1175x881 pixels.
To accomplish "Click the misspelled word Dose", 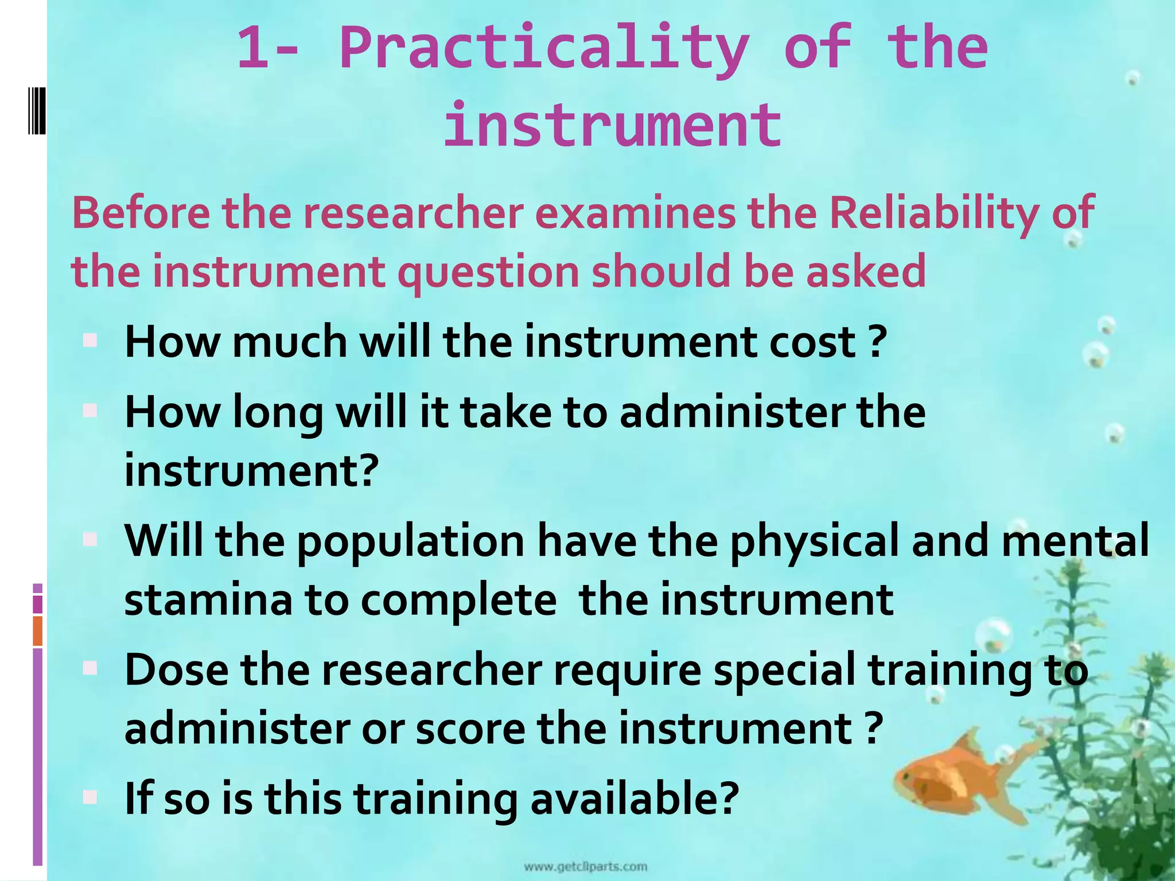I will coord(176,670).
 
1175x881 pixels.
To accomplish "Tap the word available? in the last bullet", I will coord(634,798).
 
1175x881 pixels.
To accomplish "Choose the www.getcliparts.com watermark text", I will coord(586,867).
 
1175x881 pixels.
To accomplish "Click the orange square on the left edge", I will coord(38,631).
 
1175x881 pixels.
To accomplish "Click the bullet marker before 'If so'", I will coord(90,797).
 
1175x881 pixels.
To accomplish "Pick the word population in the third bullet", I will coord(411,542).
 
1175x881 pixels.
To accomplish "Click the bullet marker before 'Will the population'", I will coord(90,539).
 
